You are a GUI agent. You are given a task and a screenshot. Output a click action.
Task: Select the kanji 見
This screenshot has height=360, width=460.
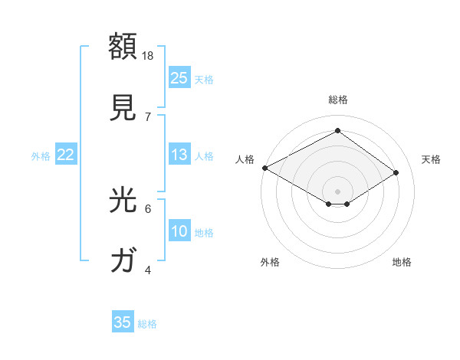pyautogui.click(x=124, y=107)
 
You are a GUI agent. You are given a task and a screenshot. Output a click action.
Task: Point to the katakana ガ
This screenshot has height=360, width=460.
pyautogui.click(x=124, y=261)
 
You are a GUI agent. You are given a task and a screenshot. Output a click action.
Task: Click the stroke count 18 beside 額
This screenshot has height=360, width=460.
pyautogui.click(x=149, y=56)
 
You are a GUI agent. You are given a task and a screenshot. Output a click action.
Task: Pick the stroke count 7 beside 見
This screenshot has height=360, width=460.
pyautogui.click(x=148, y=116)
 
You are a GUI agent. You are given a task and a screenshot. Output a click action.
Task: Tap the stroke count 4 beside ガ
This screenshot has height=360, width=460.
pyautogui.click(x=148, y=270)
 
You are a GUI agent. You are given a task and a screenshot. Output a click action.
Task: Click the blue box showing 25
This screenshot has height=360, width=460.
pyautogui.click(x=179, y=78)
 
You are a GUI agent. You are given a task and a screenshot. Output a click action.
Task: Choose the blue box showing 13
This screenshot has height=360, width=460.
pyautogui.click(x=179, y=155)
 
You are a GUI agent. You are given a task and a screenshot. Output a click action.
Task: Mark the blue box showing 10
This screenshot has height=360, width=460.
pyautogui.click(x=179, y=231)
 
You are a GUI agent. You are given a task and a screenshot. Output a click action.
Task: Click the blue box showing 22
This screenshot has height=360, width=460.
pyautogui.click(x=66, y=155)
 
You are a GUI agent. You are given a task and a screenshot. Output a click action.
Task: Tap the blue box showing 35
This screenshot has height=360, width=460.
pyautogui.click(x=123, y=322)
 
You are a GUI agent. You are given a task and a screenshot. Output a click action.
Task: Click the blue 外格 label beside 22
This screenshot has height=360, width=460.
pyautogui.click(x=41, y=155)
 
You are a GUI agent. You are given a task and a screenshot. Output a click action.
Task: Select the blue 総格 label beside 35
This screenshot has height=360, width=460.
pyautogui.click(x=147, y=323)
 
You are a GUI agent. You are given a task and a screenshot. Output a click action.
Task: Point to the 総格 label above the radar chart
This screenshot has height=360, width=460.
pyautogui.click(x=338, y=100)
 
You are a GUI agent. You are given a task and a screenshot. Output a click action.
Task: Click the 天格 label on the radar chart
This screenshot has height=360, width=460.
pyautogui.click(x=431, y=159)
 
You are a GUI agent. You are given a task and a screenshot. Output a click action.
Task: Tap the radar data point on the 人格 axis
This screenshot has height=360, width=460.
pyautogui.click(x=264, y=168)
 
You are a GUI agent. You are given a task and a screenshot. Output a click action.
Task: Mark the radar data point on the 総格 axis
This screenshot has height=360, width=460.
pyautogui.click(x=337, y=131)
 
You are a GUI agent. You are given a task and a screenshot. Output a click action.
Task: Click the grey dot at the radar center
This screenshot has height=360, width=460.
pyautogui.click(x=337, y=191)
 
